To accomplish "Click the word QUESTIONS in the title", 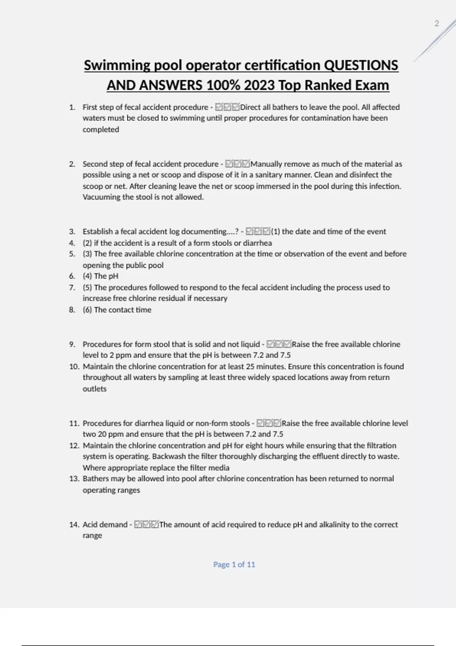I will (361, 65).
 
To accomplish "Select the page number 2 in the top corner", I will (437, 24).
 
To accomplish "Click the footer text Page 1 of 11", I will (234, 564).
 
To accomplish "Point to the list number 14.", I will (74, 524).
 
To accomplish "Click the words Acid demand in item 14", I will (105, 524).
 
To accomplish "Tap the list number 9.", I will (72, 344).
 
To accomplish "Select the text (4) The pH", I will (100, 276).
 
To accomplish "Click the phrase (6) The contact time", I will (117, 310).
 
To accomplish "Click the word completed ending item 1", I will (101, 129).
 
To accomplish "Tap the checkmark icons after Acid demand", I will (146, 524).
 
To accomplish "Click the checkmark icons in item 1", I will (227, 107).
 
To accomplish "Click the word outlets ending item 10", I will (95, 389).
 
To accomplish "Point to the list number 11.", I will (74, 423).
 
